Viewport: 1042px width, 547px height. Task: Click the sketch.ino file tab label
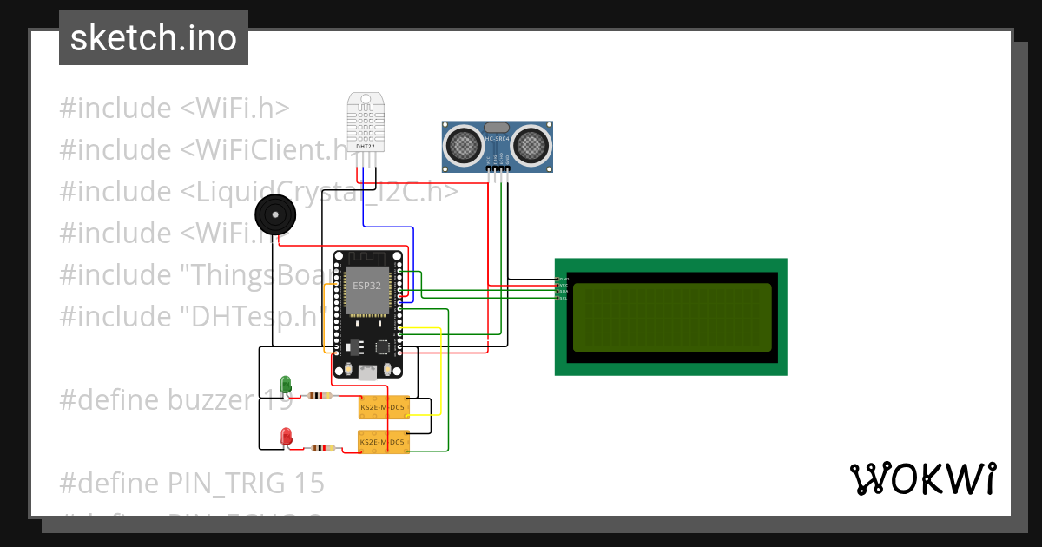click(x=154, y=38)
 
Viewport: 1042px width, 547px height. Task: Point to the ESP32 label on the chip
click(x=366, y=285)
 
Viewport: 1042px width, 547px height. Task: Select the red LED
click(x=286, y=436)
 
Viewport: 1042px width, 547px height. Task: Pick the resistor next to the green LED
click(x=321, y=396)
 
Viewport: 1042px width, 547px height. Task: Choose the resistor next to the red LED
click(x=323, y=449)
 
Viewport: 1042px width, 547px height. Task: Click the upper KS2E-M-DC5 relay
click(x=384, y=406)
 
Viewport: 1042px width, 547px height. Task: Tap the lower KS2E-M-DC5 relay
click(x=384, y=442)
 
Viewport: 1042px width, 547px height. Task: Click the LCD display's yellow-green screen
click(x=671, y=318)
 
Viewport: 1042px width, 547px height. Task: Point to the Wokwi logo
click(x=921, y=478)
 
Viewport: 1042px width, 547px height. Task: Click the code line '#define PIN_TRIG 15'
click(x=192, y=483)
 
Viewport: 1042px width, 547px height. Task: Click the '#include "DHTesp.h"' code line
click(x=193, y=316)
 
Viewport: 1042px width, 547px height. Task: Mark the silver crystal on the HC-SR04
click(x=497, y=128)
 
